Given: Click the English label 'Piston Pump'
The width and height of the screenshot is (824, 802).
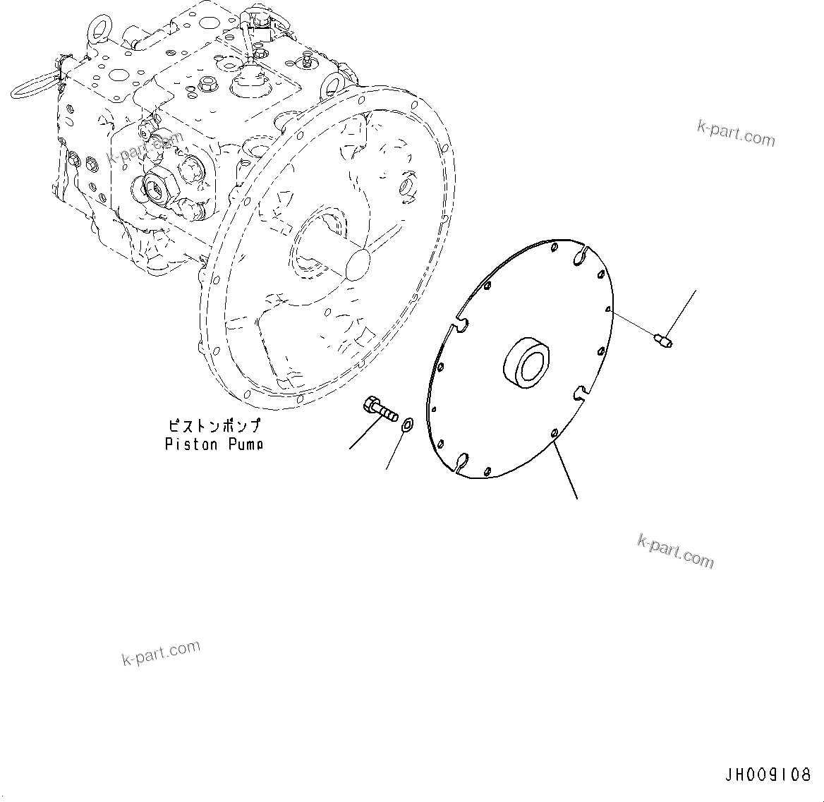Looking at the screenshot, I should (214, 444).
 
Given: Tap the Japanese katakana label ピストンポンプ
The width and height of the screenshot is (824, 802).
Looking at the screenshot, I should (214, 427).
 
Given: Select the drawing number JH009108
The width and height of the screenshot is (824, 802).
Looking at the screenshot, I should (768, 775).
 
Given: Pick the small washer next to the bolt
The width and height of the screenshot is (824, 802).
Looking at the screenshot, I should (407, 424).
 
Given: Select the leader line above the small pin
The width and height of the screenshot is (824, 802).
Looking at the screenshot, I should (682, 313).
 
